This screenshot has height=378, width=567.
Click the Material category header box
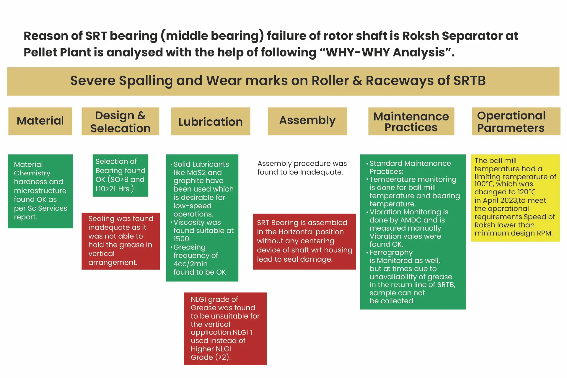pyautogui.click(x=40, y=121)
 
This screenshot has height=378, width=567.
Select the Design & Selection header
pyautogui.click(x=120, y=121)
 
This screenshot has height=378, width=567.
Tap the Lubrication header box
pyautogui.click(x=210, y=121)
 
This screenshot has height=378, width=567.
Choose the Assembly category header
pyautogui.click(x=307, y=121)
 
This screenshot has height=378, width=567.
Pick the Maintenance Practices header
pyautogui.click(x=411, y=121)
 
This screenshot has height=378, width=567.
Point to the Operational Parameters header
pyautogui.click(x=516, y=121)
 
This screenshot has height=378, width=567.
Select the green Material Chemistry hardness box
pyautogui.click(x=40, y=191)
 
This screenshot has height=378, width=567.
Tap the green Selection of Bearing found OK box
pyautogui.click(x=120, y=175)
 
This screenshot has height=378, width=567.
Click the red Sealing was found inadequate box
pyautogui.click(x=120, y=241)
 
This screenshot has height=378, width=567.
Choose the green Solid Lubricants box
pyautogui.click(x=202, y=218)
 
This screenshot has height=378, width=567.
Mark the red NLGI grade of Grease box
pyautogui.click(x=225, y=328)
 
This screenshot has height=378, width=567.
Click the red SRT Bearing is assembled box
pyautogui.click(x=304, y=241)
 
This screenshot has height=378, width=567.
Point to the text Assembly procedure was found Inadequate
pyautogui.click(x=302, y=168)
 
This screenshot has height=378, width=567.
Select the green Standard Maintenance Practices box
pyautogui.click(x=413, y=232)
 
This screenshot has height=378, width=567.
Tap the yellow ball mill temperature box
pyautogui.click(x=515, y=198)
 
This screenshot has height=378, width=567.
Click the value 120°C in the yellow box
pyautogui.click(x=526, y=192)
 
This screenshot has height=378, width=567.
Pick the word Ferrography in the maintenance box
pyautogui.click(x=391, y=253)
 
